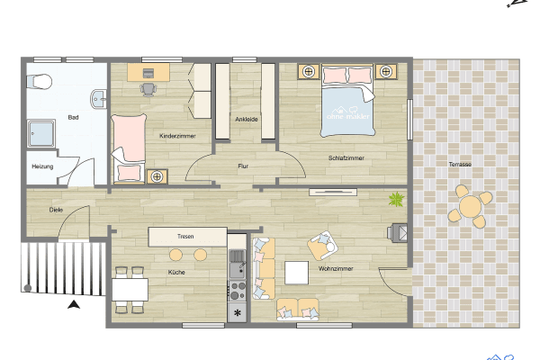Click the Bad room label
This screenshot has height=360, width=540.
pos(73,118)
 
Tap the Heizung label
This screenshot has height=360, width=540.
pos(42,166)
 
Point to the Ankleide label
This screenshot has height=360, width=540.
pos(246,119)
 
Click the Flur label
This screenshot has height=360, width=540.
pos(243,166)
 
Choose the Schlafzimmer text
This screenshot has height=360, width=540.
pos(346,158)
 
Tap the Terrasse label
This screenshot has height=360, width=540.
pos(460,164)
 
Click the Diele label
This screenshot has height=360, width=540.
pos(56,211)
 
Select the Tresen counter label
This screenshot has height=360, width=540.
pos(185,236)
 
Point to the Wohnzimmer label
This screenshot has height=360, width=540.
pos(335,268)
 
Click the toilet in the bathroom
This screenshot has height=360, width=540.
pos(38,82)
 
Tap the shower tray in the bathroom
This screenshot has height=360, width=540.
pos(42,135)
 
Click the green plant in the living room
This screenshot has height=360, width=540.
pos(394,199)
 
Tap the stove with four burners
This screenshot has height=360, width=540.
pos(238,291)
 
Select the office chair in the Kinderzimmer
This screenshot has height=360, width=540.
pos(148,88)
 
